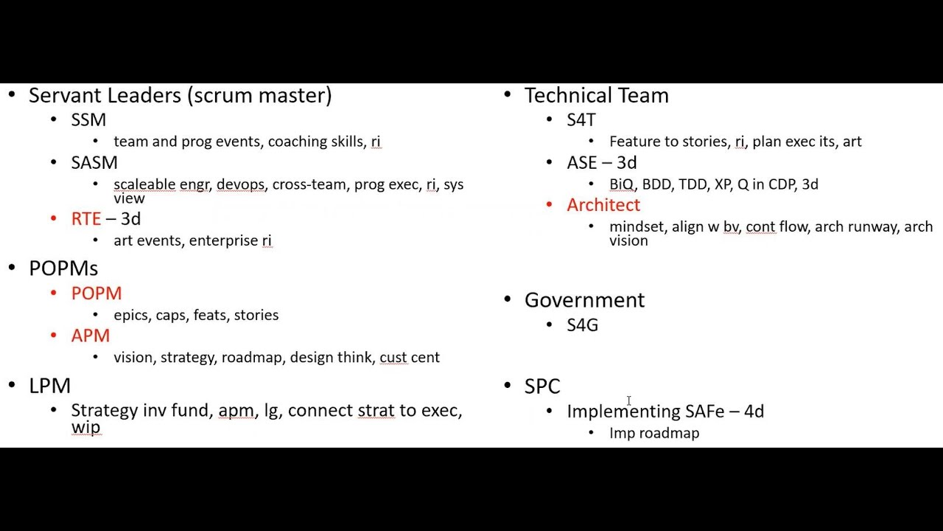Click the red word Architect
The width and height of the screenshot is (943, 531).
[603, 205]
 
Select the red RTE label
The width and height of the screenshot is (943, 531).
[86, 219]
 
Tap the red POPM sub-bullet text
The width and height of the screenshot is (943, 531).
[97, 294]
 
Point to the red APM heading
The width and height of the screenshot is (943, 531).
[91, 336]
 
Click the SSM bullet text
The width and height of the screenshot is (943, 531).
[88, 120]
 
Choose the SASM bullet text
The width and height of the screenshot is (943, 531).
[94, 163]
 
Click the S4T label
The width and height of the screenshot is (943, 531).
[581, 120]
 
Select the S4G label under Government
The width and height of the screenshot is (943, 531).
[583, 325]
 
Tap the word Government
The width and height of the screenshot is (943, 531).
[585, 300]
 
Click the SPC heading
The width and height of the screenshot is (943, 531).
[543, 386]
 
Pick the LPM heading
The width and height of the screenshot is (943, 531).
[49, 386]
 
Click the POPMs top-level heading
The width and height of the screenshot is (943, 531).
[63, 268]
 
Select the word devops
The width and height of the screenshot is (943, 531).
[241, 184]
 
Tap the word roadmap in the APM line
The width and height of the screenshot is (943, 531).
[252, 358]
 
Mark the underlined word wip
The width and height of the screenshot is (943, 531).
[86, 427]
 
